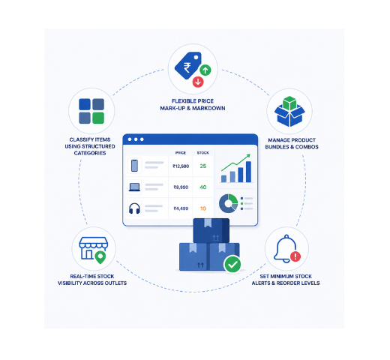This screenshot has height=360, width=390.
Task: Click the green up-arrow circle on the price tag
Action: [205, 70]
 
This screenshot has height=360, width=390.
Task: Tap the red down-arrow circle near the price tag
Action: [198, 82]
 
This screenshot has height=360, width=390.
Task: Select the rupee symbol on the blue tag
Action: [187, 67]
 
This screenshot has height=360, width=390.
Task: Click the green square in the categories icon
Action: [98, 118]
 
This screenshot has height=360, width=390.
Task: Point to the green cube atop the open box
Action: [289, 103]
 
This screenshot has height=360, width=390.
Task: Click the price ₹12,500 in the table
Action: [181, 166]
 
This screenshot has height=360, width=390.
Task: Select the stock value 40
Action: [203, 187]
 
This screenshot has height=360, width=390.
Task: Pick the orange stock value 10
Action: [203, 208]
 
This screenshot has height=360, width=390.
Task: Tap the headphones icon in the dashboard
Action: [134, 208]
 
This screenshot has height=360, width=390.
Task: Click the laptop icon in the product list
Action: [134, 187]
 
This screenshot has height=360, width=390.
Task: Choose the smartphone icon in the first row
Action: [134, 166]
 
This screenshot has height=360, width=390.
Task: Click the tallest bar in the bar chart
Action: [248, 172]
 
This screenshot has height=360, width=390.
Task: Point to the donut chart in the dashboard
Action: [228, 203]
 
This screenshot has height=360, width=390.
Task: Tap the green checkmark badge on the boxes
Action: [232, 264]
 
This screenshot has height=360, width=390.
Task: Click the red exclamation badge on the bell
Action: [295, 256]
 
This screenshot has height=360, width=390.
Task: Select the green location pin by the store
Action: [100, 257]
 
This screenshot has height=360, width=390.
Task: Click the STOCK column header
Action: [202, 153]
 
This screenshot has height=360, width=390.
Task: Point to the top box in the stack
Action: [211, 230]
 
